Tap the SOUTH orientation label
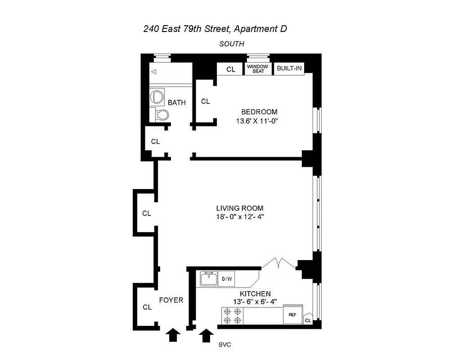pos(232,44)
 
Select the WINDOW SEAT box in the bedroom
pos(258,69)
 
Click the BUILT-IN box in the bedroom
pos(289,68)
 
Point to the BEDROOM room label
pos(259,112)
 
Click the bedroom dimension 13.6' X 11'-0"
pos(259,121)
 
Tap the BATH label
pos(177,103)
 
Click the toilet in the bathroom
pos(160,115)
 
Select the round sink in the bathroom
pos(157,97)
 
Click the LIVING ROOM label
pos(240,208)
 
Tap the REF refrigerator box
pos(292,315)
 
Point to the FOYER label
pos(171,300)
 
